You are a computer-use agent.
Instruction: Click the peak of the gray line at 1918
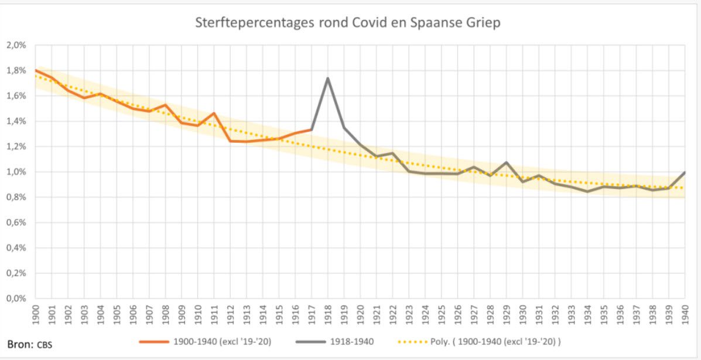[x=327, y=78]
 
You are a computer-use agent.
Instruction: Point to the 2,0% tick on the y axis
[x=16, y=46]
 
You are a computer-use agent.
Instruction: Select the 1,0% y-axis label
[x=16, y=172]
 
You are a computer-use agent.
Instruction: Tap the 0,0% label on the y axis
[x=16, y=299]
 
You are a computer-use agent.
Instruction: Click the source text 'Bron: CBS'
[x=29, y=344]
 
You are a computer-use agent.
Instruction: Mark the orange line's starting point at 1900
[x=36, y=70]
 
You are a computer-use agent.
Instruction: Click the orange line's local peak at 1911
[x=214, y=113]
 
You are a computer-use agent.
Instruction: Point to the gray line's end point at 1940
[x=685, y=172]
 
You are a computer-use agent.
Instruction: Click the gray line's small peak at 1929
[x=506, y=162]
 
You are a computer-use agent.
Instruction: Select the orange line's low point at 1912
[x=230, y=141]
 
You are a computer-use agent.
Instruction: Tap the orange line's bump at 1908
[x=165, y=105]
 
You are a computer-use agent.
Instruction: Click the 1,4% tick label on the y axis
[x=16, y=122]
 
